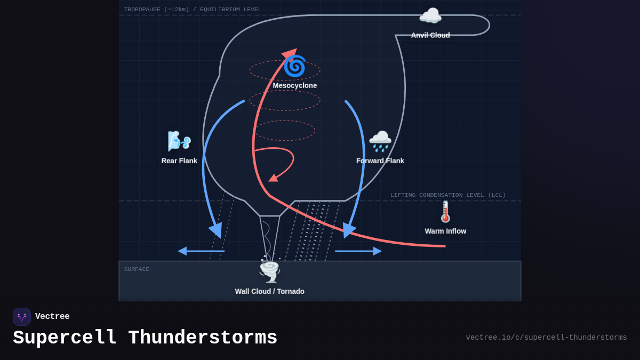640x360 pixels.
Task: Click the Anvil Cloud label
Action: (x=430, y=35)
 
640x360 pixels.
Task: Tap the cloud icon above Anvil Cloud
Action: (x=430, y=16)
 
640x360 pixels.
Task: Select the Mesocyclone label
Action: (x=294, y=85)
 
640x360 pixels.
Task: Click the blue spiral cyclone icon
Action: (x=294, y=66)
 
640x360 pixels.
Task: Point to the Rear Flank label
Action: (x=179, y=161)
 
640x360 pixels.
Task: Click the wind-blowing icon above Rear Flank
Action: (x=179, y=141)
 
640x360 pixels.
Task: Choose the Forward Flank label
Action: (x=380, y=161)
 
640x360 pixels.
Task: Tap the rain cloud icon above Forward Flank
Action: (x=380, y=141)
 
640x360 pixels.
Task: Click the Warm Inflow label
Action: (x=445, y=231)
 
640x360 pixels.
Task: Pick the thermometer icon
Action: (x=445, y=212)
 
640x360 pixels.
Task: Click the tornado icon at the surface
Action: (x=269, y=271)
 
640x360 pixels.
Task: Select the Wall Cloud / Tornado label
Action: (x=269, y=291)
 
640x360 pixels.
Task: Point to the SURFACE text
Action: (x=137, y=269)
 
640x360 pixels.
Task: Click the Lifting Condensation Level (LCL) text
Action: (x=448, y=195)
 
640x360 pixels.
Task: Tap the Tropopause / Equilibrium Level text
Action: (x=193, y=10)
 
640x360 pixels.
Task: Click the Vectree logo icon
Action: (x=22, y=317)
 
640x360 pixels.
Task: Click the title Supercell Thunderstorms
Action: (x=145, y=338)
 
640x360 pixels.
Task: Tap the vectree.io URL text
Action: (x=546, y=338)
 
